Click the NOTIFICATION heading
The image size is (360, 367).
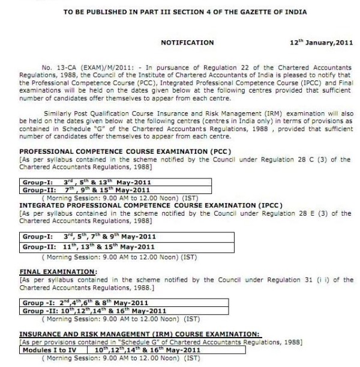pos(187,43)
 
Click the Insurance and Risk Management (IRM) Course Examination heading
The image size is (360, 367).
pos(140,333)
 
